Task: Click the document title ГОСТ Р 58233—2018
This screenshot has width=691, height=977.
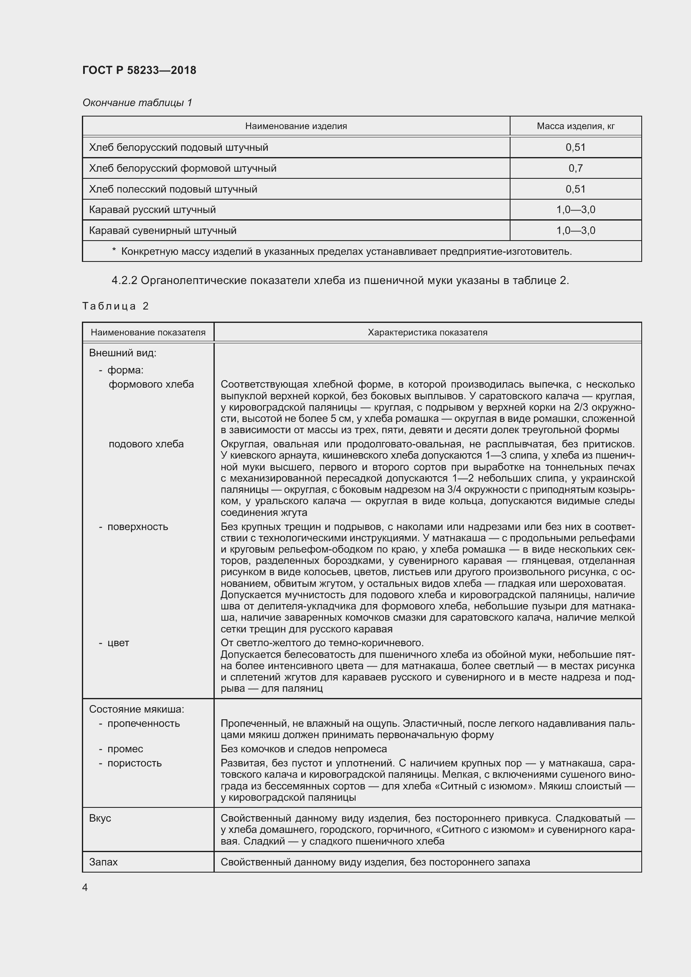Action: pos(139,70)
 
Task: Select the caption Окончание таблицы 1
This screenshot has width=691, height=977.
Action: pos(137,103)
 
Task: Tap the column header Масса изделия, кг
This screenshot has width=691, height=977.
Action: pos(575,126)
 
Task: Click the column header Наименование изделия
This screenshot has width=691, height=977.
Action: pos(296,126)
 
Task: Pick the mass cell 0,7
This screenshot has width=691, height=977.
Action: pos(575,168)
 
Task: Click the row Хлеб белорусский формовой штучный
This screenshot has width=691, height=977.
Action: pos(183,168)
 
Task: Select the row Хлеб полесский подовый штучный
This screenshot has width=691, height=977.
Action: pos(173,189)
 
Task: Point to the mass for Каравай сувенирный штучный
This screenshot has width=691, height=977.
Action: pos(575,231)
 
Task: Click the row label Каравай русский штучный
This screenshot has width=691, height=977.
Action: pos(152,210)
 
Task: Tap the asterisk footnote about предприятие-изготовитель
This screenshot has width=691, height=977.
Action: pos(342,251)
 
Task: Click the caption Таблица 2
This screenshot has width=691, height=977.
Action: pos(115,306)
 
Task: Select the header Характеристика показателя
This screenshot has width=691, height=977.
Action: pos(427,332)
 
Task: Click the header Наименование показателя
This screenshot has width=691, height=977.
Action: pos(148,332)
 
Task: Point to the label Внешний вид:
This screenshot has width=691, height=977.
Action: pos(122,353)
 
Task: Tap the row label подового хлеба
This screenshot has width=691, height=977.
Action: pos(146,444)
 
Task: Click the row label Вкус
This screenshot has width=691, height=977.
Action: pos(100,818)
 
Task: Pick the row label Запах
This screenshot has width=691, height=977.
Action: pos(103,862)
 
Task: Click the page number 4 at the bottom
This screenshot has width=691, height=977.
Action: pos(85,888)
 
